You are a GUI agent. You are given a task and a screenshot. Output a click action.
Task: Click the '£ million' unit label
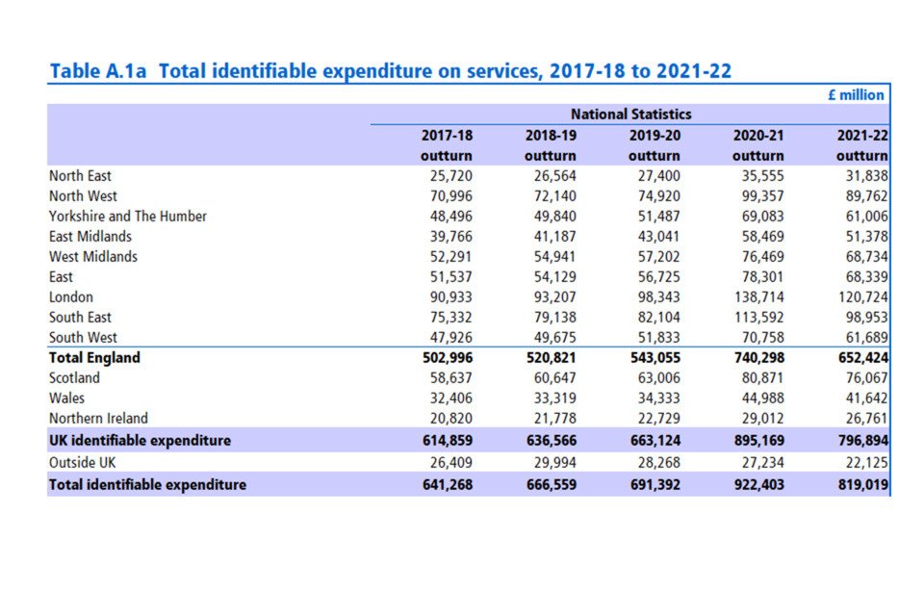pos(857,94)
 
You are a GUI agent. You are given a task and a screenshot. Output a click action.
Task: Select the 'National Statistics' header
pos(630,115)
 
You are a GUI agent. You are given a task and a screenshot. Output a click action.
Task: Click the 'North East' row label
pos(80,176)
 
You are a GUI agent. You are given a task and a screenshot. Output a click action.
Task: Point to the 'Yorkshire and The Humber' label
pos(127,217)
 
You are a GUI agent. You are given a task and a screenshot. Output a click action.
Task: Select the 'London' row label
pos(71,297)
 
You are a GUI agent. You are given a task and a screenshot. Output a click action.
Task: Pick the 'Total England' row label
pos(94,358)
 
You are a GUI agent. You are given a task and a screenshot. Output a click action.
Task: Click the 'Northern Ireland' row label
pos(98,419)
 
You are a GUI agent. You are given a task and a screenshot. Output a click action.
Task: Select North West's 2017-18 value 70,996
pos(451,196)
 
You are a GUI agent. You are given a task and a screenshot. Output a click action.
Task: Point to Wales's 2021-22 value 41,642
pos(863,398)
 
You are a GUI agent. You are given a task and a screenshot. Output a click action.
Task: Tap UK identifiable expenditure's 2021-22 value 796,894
pos(860,441)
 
